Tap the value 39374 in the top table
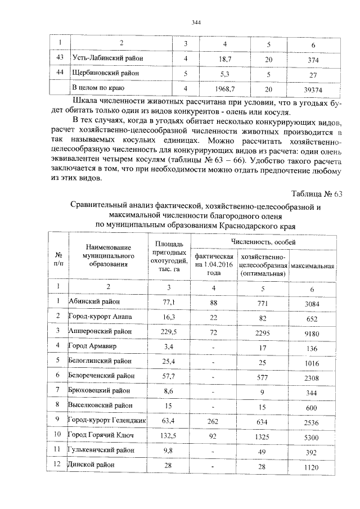[x=313, y=88]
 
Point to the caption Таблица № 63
[x=319, y=195]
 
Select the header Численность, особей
[x=265, y=241]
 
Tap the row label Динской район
[x=93, y=466]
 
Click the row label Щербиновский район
[x=108, y=73]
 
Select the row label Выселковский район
[x=101, y=405]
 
